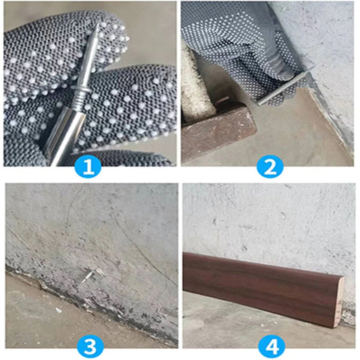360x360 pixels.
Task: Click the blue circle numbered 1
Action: click(x=88, y=166)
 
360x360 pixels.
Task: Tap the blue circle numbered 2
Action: click(x=270, y=166)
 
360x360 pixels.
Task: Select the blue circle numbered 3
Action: click(x=90, y=346)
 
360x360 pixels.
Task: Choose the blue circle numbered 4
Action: click(x=271, y=346)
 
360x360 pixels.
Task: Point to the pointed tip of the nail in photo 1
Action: click(x=97, y=25)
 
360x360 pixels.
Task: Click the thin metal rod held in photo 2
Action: click(x=282, y=88)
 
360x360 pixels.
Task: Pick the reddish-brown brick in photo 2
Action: click(x=217, y=130)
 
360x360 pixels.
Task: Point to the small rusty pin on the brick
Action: click(x=222, y=100)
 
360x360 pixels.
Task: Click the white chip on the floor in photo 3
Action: click(x=58, y=310)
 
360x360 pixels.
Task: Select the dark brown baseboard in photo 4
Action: click(x=262, y=287)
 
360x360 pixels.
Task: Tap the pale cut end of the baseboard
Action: click(x=340, y=302)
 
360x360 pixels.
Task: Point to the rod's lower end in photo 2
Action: click(x=258, y=104)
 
